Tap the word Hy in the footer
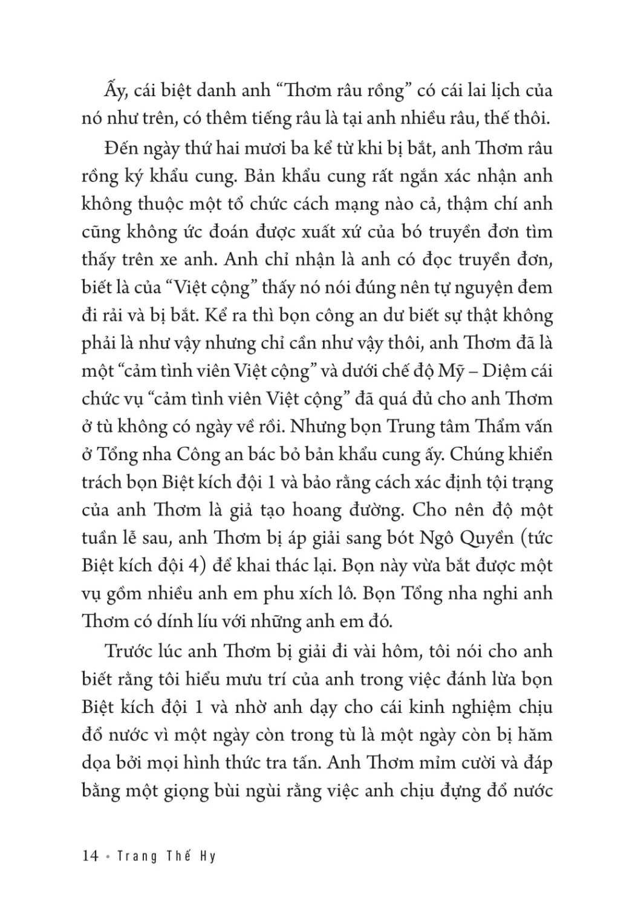coord(207,857)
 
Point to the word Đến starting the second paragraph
coord(122,148)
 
